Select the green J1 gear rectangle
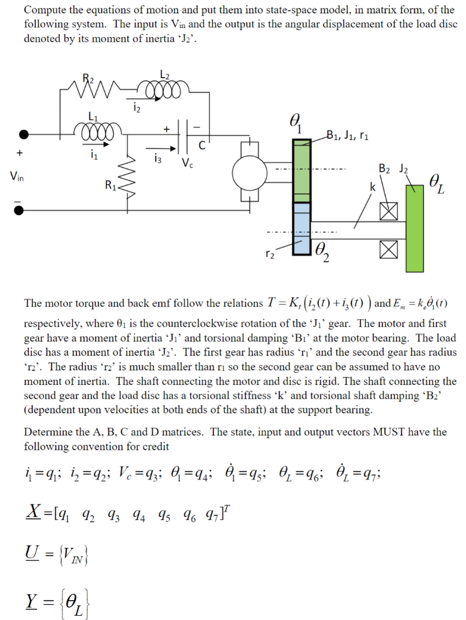[x=301, y=171]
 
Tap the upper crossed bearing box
[x=387, y=211]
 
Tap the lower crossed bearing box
[x=387, y=249]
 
